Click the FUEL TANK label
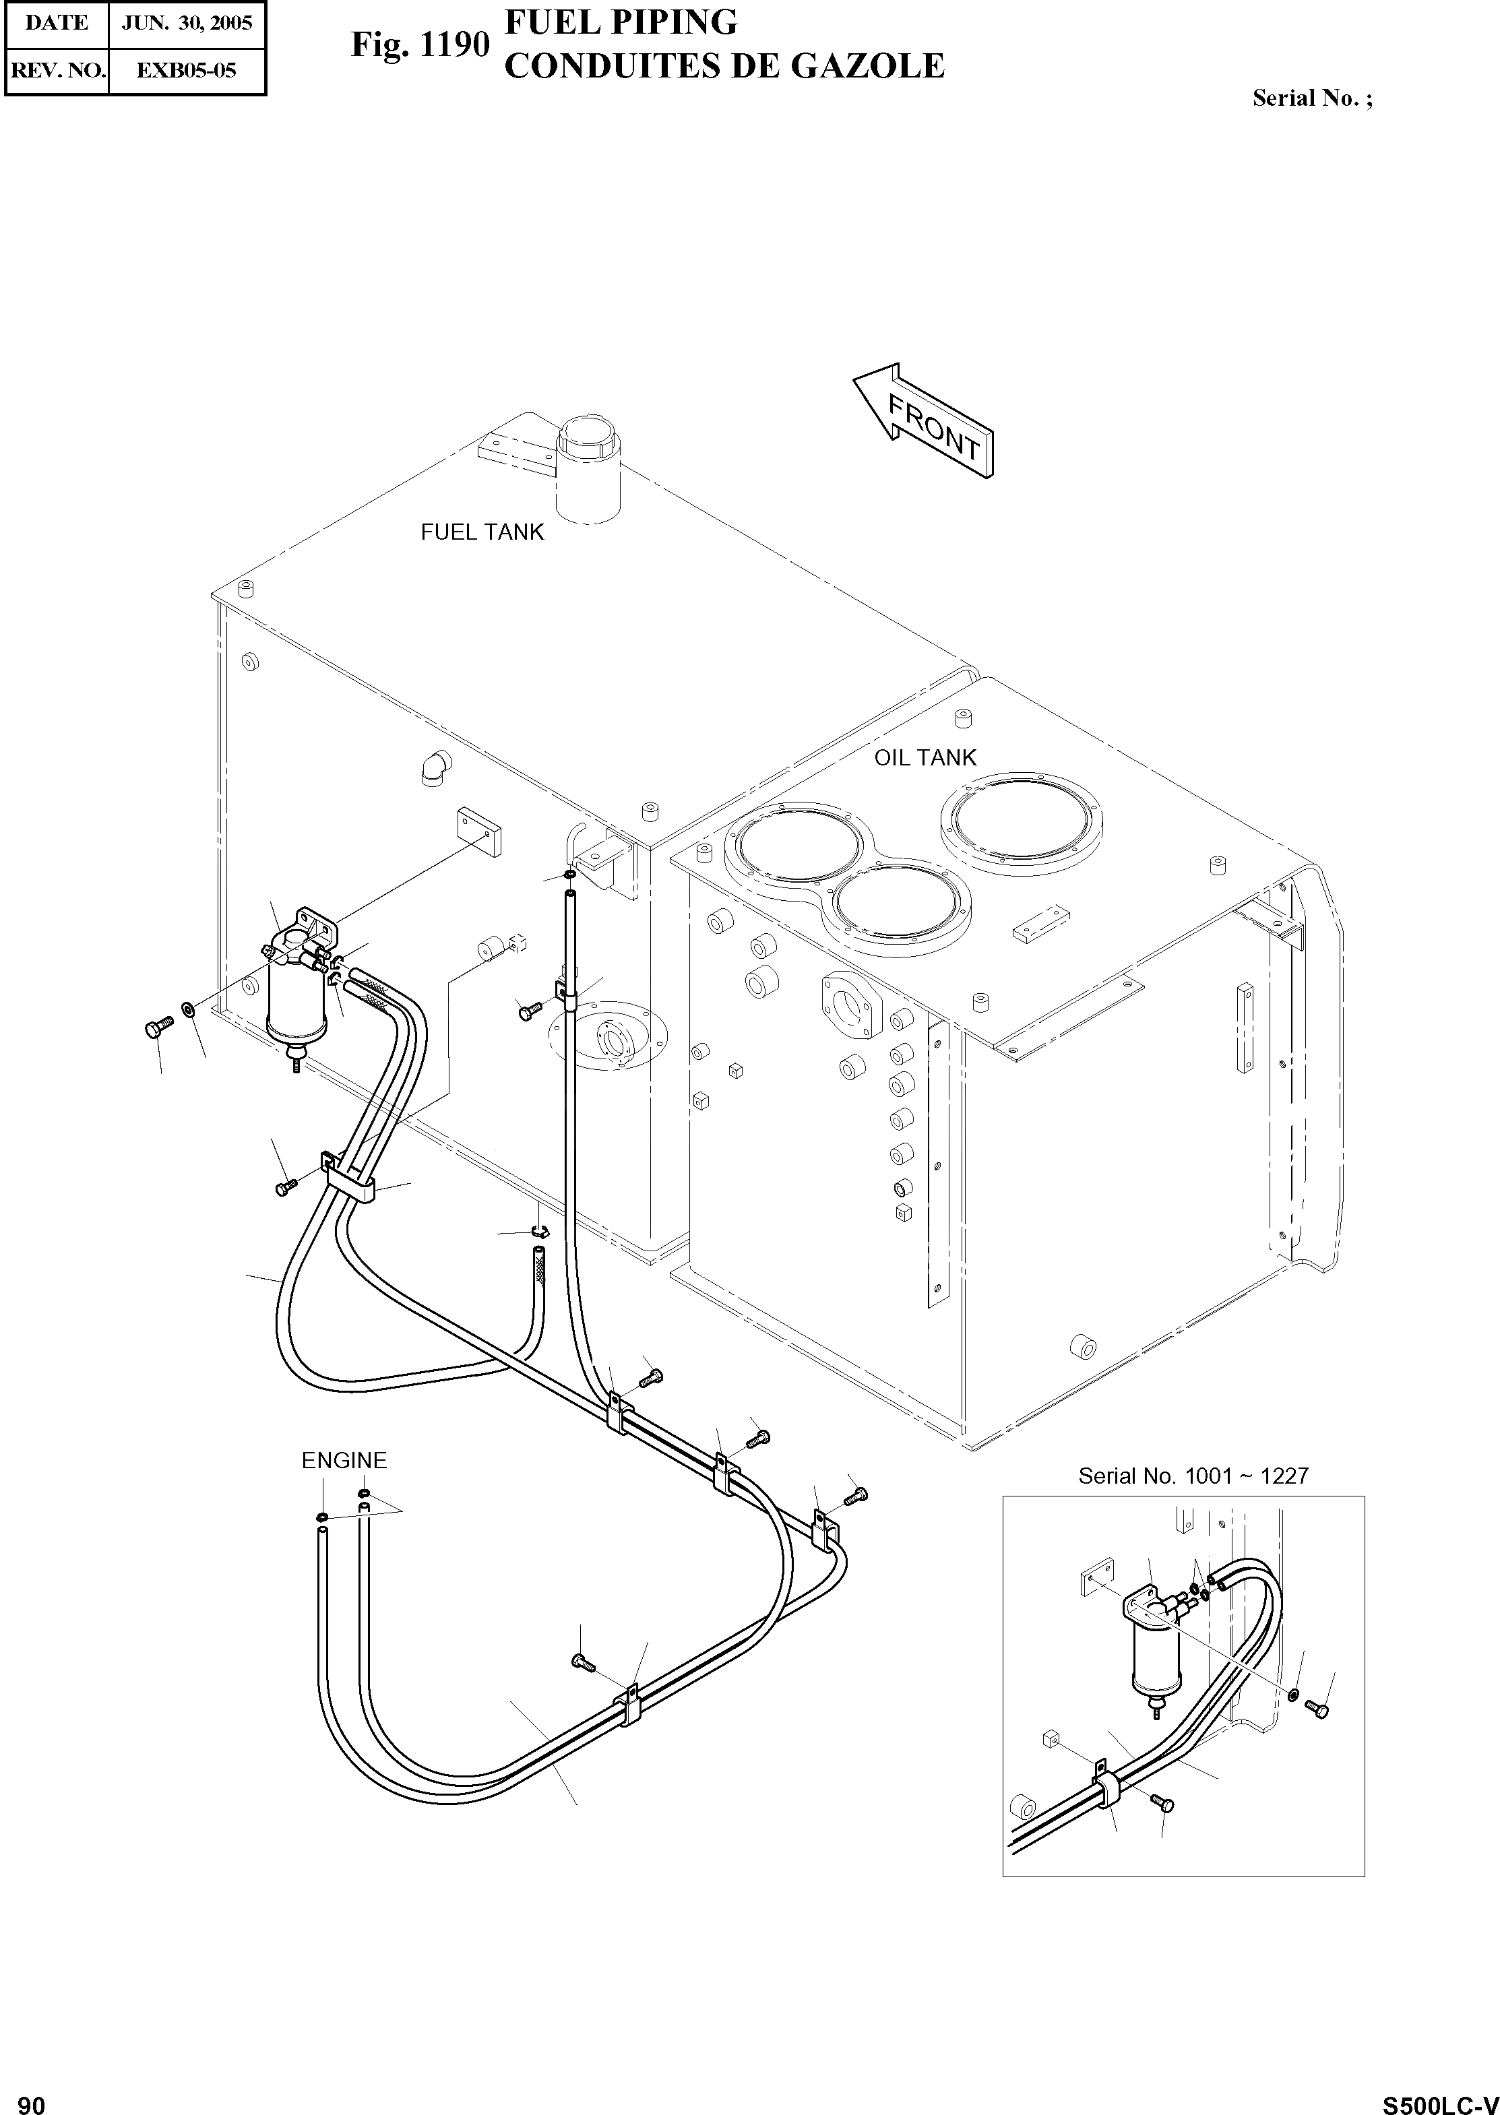[x=482, y=533]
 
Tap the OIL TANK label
[x=925, y=758]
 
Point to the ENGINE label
[x=344, y=1460]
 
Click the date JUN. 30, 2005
[x=187, y=23]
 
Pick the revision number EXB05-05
[x=187, y=70]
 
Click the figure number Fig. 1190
[x=418, y=44]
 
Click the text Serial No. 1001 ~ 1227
[x=1193, y=1476]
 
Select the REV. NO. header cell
[x=57, y=70]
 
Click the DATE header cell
[x=57, y=23]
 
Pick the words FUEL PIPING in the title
[x=621, y=22]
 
